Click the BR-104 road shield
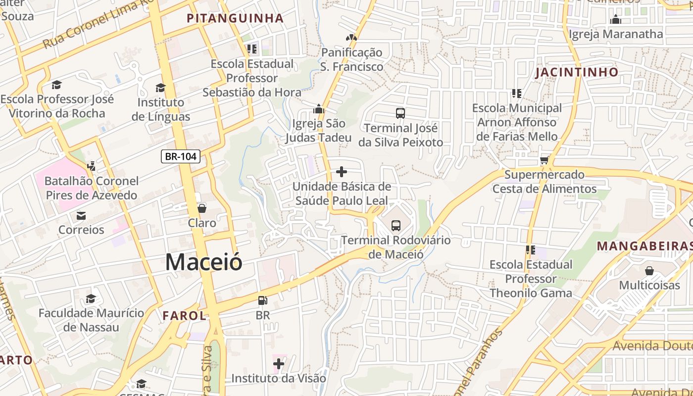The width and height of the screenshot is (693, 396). pos(181,157)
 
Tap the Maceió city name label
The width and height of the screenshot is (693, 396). pos(203,262)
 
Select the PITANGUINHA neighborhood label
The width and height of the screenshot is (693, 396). pos(235,19)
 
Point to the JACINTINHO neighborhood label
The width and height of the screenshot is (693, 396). pos(577,72)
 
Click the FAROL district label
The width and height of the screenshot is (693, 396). pos(184,315)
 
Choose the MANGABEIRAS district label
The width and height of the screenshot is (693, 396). pos(643,246)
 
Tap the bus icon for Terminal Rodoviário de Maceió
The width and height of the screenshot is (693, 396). pos(396,226)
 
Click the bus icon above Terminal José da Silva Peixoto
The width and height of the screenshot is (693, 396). pos(400,113)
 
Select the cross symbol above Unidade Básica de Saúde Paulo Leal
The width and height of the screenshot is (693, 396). pos(342,172)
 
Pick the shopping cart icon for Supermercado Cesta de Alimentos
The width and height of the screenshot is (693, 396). pos(544,160)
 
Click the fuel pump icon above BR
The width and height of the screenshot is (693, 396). pos(262,300)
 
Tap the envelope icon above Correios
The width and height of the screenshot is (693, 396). pos(81,215)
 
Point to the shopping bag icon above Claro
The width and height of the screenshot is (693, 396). pos(201,208)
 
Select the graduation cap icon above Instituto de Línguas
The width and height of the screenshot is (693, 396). pos(160,88)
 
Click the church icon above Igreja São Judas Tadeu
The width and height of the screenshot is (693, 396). pos(319,108)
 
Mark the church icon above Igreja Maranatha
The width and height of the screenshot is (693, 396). pos(616,19)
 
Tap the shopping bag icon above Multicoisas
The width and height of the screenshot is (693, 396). pos(649,271)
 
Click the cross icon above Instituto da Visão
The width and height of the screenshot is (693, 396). pos(279,364)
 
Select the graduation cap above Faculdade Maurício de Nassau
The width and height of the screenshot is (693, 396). pos(91,298)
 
